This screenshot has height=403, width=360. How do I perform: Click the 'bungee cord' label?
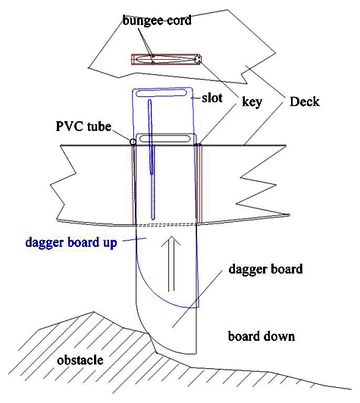coord(157,20)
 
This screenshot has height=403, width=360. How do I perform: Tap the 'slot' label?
coord(212,98)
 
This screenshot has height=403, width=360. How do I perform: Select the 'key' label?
coord(252,102)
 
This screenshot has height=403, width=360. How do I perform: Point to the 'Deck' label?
coord(305,102)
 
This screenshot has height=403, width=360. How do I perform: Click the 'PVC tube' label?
coord(83,127)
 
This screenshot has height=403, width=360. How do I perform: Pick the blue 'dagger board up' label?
coord(71,242)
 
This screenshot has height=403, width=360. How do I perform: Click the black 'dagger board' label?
coord(265,269)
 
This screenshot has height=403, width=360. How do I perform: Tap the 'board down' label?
coord(261,336)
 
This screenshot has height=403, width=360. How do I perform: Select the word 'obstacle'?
coord(80,360)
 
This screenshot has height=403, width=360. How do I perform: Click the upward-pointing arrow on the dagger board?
coord(171,264)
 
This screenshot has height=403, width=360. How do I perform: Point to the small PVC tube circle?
coord(133,142)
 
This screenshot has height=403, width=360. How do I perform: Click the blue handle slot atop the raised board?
coord(161,92)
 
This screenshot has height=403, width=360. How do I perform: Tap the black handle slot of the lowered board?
coord(164,139)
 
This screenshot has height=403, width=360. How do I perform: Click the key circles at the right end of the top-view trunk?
coord(198,59)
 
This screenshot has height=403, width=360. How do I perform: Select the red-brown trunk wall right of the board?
coord(199,184)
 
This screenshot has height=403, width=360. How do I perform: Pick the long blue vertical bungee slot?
coord(152,159)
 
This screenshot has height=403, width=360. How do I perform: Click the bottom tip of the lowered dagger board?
coord(156,352)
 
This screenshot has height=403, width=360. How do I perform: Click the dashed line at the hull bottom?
coord(166,225)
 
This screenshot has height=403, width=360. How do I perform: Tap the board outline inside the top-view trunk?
coord(164,59)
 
